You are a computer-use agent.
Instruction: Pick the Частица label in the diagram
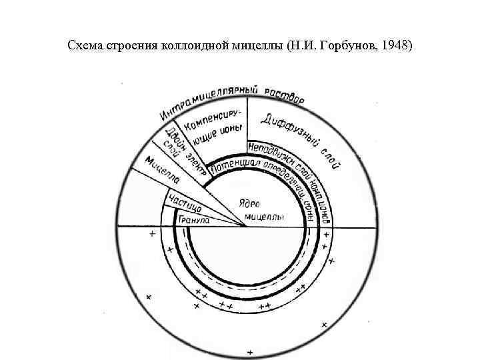point(180,200)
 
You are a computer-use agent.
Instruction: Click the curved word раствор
point(284,95)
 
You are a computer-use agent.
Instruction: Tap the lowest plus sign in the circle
point(249,351)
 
